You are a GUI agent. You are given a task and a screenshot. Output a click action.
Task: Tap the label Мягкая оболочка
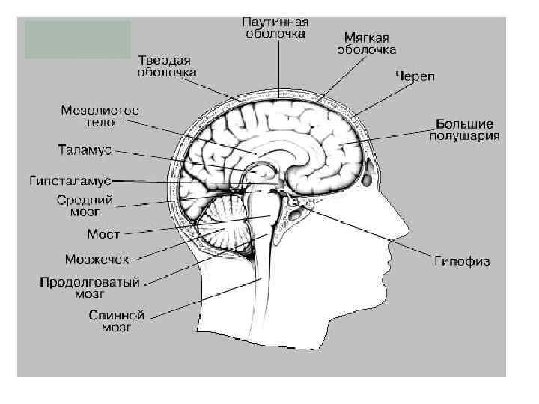[366, 43]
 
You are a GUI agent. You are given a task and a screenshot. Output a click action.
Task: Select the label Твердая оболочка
[167, 66]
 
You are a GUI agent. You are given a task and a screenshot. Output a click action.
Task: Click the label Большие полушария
[464, 129]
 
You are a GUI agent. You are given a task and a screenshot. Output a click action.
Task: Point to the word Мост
[103, 234]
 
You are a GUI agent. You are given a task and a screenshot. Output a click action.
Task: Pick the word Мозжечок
[97, 260]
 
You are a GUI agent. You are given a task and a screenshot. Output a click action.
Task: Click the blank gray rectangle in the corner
[77, 40]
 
